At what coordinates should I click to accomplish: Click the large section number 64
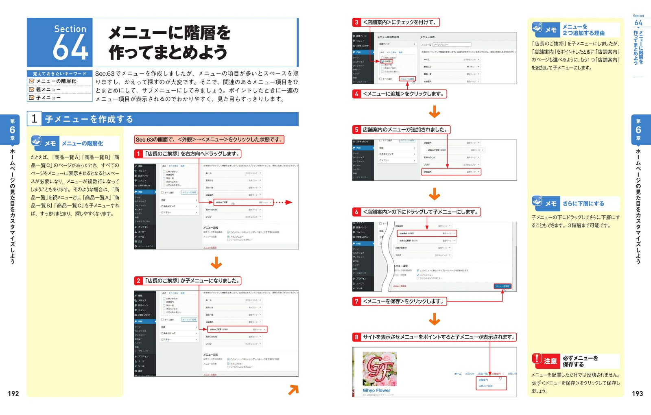[70, 48]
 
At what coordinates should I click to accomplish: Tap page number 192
[13, 393]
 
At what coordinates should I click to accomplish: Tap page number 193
[637, 393]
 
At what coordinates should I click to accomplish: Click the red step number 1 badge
[139, 154]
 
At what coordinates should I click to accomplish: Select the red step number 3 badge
[357, 22]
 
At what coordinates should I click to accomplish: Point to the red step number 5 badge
[357, 130]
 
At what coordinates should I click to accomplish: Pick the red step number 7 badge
[357, 301]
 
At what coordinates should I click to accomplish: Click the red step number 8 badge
[357, 337]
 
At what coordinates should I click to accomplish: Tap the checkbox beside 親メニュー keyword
[31, 90]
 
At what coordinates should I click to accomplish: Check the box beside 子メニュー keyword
[31, 98]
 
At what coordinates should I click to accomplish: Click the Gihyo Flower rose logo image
[379, 369]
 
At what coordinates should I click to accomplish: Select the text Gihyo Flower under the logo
[376, 391]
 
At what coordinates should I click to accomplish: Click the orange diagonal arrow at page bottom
[293, 390]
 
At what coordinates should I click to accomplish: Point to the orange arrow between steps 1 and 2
[216, 263]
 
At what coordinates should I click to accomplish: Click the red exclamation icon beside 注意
[537, 359]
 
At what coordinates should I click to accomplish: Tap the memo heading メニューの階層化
[82, 144]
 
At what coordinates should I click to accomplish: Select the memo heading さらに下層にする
[583, 203]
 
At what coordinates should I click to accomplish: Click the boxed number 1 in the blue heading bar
[34, 119]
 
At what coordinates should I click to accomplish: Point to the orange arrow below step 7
[435, 319]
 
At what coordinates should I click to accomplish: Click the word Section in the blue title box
[70, 29]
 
